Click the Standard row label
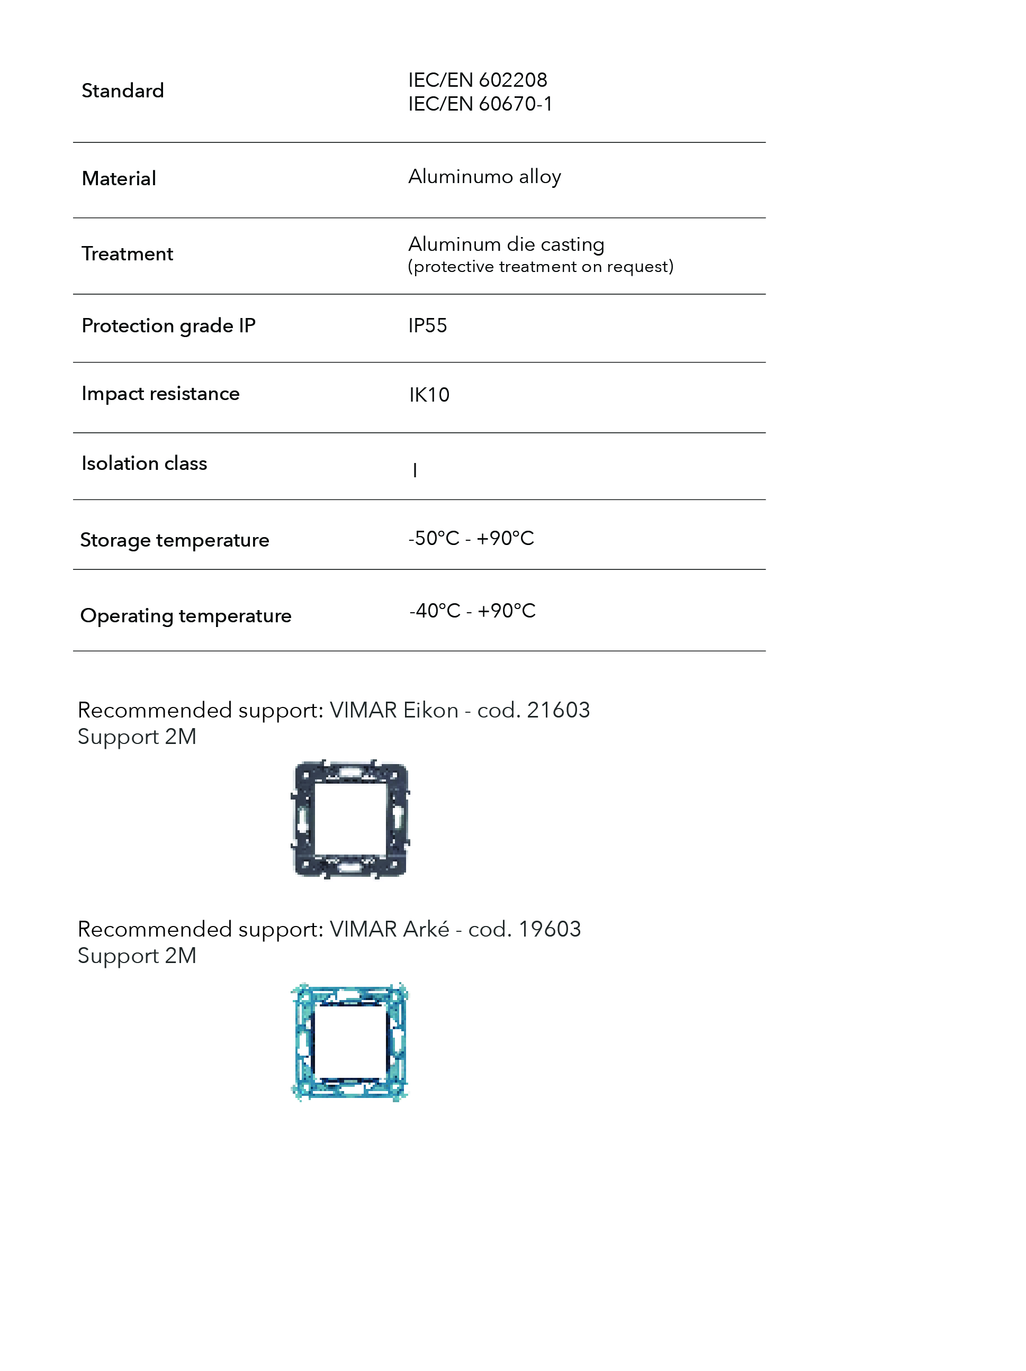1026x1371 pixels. pyautogui.click(x=123, y=90)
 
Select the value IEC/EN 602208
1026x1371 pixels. pyautogui.click(x=478, y=80)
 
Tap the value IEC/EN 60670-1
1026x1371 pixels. pyautogui.click(x=480, y=104)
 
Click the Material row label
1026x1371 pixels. pyautogui.click(x=119, y=178)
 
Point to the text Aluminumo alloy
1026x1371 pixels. pyautogui.click(x=484, y=177)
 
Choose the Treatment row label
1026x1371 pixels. pyautogui.click(x=127, y=253)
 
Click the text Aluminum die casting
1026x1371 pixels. pyautogui.click(x=506, y=244)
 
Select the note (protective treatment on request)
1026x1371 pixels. pyautogui.click(x=540, y=267)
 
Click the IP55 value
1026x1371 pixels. pyautogui.click(x=427, y=325)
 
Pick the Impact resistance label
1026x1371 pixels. pyautogui.click(x=160, y=394)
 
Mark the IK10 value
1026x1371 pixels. pyautogui.click(x=429, y=395)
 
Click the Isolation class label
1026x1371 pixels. pyautogui.click(x=145, y=463)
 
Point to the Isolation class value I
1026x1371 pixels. pyautogui.click(x=415, y=470)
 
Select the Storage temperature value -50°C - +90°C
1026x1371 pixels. pyautogui.click(x=471, y=538)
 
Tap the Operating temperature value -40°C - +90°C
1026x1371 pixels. pyautogui.click(x=472, y=611)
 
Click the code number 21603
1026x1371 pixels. pyautogui.click(x=558, y=710)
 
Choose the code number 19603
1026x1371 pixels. pyautogui.click(x=550, y=929)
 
